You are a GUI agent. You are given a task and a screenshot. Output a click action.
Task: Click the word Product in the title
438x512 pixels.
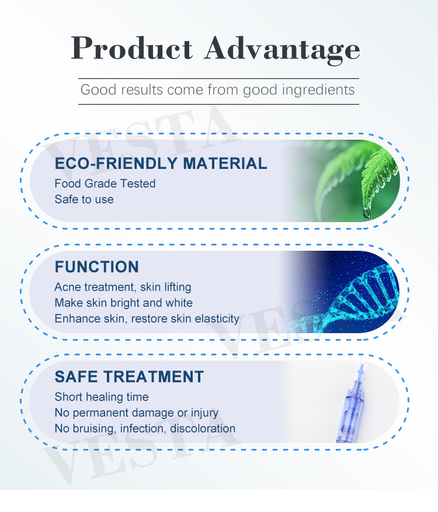click(131, 48)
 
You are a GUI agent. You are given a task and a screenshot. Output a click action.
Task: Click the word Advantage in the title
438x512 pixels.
click(282, 48)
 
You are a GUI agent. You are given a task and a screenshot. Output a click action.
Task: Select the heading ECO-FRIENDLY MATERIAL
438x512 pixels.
click(161, 163)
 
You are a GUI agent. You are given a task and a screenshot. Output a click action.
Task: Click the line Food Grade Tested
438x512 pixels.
click(105, 184)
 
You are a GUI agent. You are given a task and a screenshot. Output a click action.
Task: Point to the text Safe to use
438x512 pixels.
click(84, 199)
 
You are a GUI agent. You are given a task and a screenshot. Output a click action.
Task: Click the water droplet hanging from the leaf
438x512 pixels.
click(367, 213)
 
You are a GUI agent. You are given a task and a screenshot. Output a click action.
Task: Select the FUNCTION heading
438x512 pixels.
click(97, 267)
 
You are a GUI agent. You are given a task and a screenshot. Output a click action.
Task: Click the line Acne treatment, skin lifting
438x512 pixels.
click(123, 287)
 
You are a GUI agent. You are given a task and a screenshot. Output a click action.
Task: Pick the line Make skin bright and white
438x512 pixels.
click(123, 303)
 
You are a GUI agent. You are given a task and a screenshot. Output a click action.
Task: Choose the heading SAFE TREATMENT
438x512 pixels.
click(129, 377)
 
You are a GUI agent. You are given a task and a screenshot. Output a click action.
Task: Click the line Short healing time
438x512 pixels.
click(102, 397)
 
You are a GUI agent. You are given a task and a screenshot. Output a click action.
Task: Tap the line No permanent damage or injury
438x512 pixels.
click(136, 413)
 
